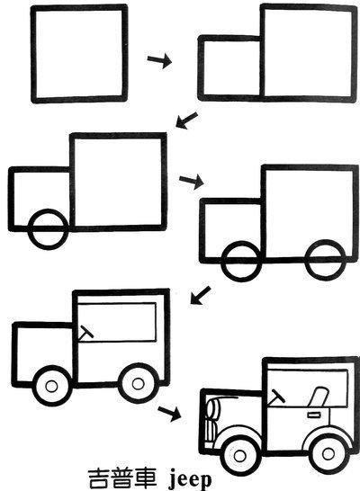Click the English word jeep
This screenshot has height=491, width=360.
tap(190, 480)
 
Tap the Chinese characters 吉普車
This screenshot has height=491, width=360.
tap(122, 479)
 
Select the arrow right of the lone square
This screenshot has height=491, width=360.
tap(159, 60)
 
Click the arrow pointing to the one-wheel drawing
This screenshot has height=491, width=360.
tap(186, 120)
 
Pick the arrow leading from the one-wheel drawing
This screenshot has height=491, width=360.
tap(192, 181)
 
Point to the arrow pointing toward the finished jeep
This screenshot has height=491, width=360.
tap(169, 413)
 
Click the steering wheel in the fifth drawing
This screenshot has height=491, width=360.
tap(85, 333)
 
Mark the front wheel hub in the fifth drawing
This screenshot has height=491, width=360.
tap(51, 386)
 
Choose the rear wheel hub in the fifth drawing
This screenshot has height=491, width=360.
tap(138, 384)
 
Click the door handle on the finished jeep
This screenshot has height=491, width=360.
tap(313, 415)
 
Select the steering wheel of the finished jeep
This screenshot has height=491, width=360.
tap(276, 397)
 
